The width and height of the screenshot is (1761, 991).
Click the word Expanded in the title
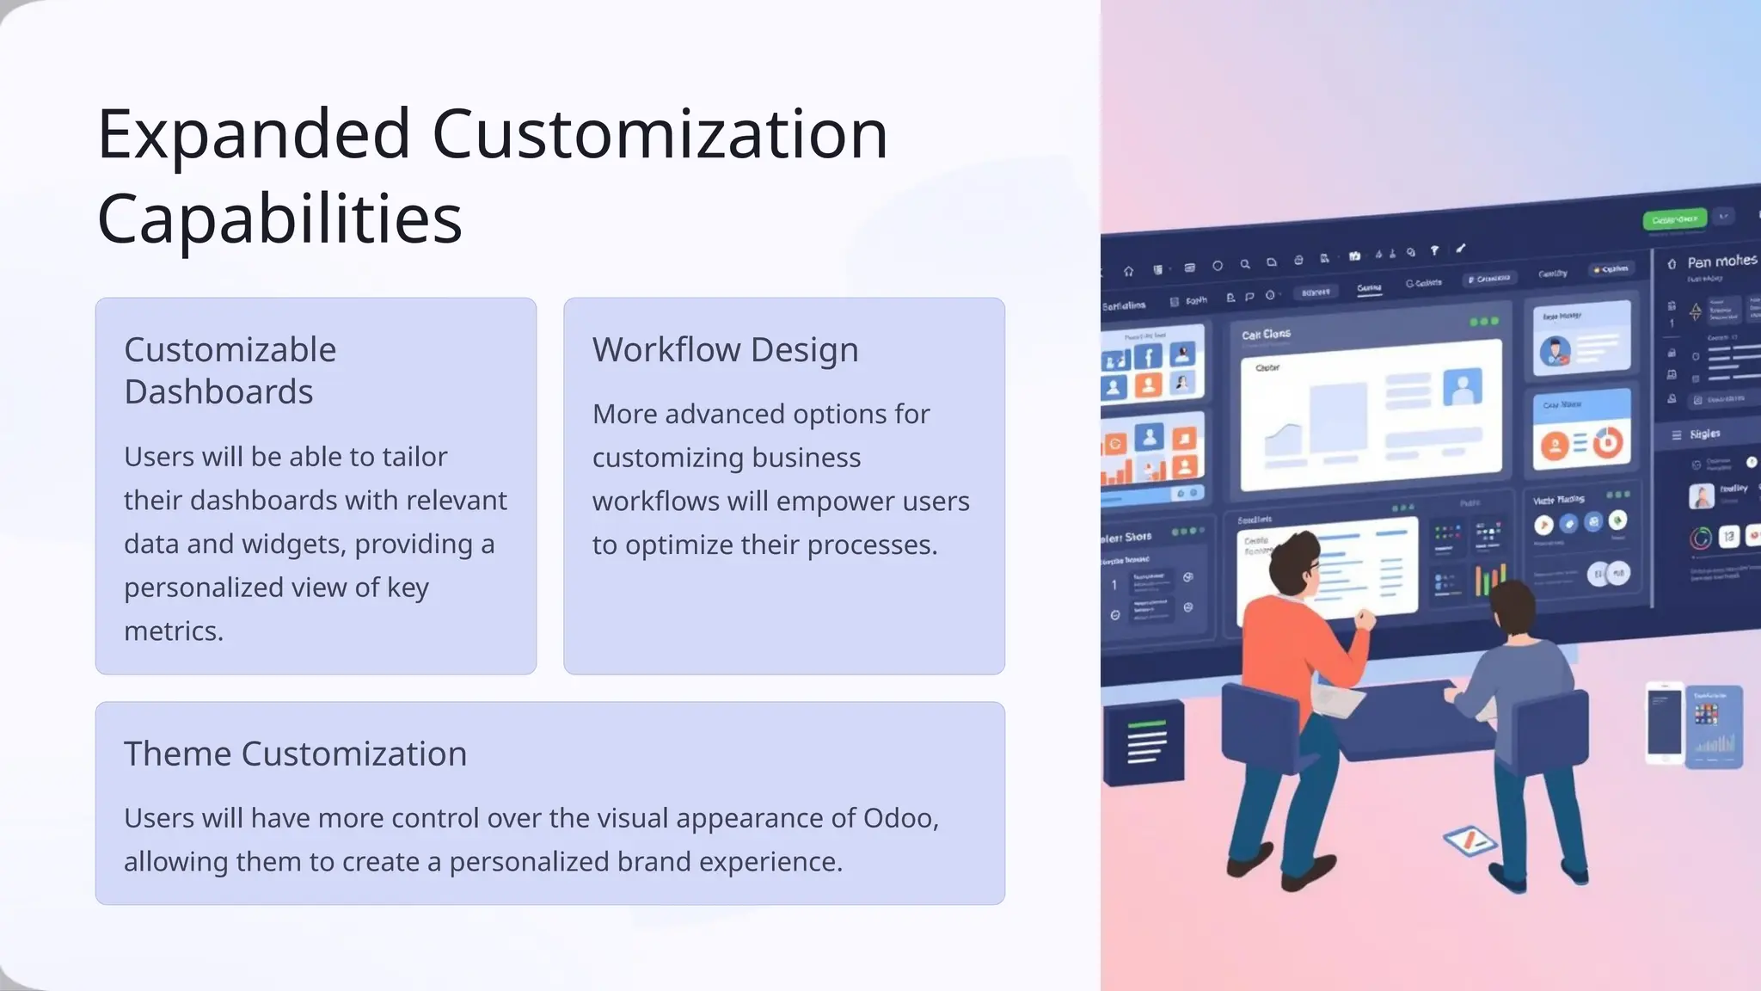[x=254, y=135]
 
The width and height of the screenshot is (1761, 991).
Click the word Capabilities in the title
[x=279, y=219]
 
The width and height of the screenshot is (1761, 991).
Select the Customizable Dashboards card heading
[x=230, y=370]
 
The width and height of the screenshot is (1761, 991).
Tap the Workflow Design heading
[x=725, y=349]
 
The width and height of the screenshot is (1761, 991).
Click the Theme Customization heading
[x=295, y=754]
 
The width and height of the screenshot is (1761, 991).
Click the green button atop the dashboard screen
[x=1673, y=219]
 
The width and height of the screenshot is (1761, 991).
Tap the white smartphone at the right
[x=1664, y=723]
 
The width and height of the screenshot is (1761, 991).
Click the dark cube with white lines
[x=1144, y=742]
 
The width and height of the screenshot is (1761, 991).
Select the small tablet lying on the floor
[x=1469, y=840]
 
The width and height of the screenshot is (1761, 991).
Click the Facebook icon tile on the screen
[x=1148, y=355]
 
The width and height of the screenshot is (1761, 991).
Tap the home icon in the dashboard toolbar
[x=1128, y=272]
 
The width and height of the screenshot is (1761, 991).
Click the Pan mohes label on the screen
[x=1721, y=262]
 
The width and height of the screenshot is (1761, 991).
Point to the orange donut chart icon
[x=1607, y=442]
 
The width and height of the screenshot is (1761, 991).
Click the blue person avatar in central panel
[x=1462, y=387]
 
